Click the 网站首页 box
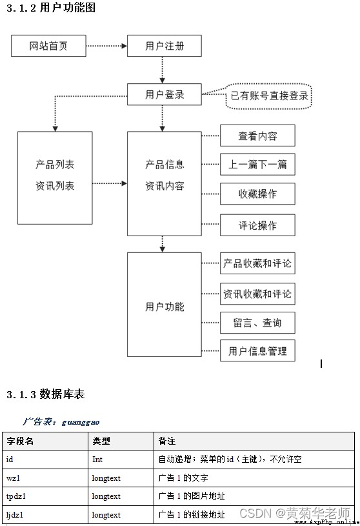(x=48, y=46)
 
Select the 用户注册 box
(x=165, y=46)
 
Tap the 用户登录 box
(x=165, y=95)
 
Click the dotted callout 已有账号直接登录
(x=269, y=96)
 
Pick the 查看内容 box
(x=257, y=136)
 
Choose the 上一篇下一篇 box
(x=257, y=165)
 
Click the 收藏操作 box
(x=257, y=194)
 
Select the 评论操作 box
(x=257, y=225)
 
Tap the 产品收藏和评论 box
(x=257, y=263)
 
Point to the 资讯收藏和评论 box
(x=257, y=294)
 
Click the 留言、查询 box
(x=257, y=323)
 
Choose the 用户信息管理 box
(x=257, y=350)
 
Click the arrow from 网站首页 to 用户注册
(x=106, y=46)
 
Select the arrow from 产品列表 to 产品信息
(x=110, y=183)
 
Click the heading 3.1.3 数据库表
(x=46, y=394)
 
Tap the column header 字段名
(x=20, y=441)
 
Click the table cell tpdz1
(x=15, y=496)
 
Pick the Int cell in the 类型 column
(x=97, y=460)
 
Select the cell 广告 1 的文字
(x=183, y=478)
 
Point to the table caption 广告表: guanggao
(x=61, y=421)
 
